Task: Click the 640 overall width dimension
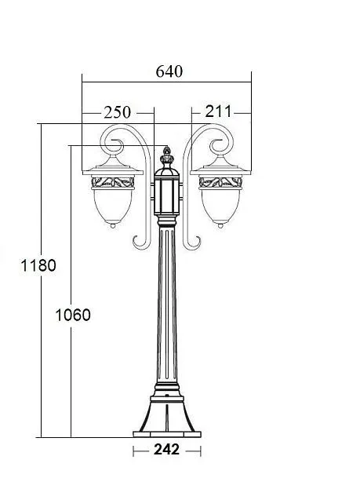pos(169,71)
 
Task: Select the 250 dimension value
pos(117,112)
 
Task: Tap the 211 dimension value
pos(218,111)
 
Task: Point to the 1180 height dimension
pos(17,265)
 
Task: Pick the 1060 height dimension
pos(73,315)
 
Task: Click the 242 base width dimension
pos(166,450)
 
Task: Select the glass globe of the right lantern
pos(222,206)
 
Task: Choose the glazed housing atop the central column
pos(166,196)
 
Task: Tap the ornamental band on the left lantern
pos(114,183)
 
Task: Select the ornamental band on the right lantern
pos(222,183)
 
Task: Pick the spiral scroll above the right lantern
pos(218,146)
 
